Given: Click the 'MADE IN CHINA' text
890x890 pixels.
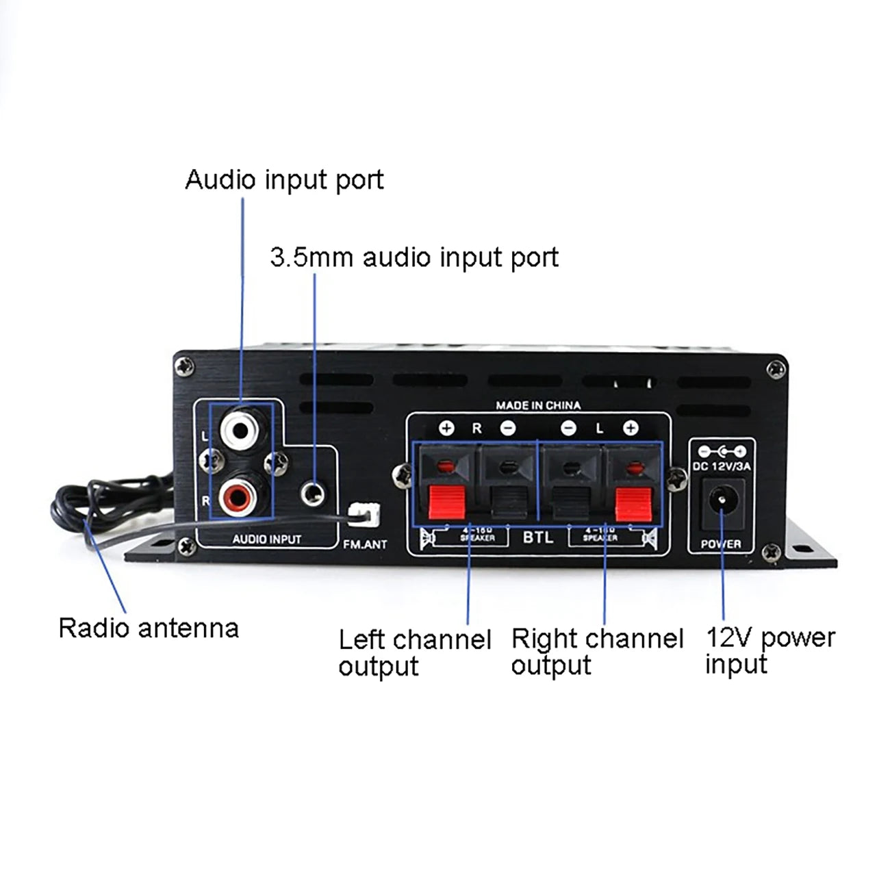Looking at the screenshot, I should pos(538,405).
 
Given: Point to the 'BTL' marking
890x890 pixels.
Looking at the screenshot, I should pos(538,537).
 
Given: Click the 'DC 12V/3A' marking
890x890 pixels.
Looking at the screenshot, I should pos(722,466).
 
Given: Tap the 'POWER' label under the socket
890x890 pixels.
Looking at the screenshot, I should pos(721,544).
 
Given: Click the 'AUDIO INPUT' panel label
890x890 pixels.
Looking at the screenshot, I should pos(266,539).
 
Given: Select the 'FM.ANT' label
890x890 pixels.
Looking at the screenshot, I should pos(365,544).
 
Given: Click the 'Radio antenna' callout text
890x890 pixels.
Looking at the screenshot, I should pos(149,628).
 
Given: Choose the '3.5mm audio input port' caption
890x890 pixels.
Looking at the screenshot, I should pos(414,257).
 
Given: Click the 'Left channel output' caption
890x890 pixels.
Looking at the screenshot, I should pos(414,652).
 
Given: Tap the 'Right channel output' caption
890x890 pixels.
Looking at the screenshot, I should pos(597,651).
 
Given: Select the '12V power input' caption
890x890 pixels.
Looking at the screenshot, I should pos(770,650).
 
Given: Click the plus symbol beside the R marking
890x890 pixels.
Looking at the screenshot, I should pos(446,429).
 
